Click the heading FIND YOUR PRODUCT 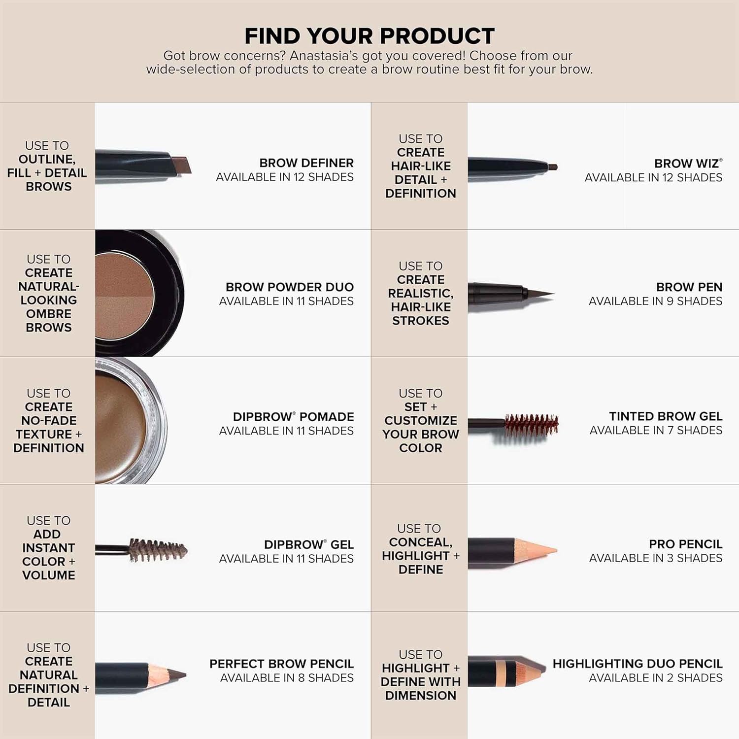tap(369, 36)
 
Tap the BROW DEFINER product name tap(306, 163)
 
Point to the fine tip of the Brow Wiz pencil tap(552, 167)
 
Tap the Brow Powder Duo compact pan tap(125, 296)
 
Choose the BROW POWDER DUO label tap(289, 287)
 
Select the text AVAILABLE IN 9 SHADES tap(655, 301)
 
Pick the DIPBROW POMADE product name tap(293, 417)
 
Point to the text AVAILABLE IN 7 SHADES tap(656, 430)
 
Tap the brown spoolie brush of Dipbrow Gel tap(158, 550)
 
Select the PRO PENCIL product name tap(685, 544)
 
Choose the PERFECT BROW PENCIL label tap(281, 664)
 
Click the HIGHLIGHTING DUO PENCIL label tap(637, 664)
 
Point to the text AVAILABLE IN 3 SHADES tap(655, 558)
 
